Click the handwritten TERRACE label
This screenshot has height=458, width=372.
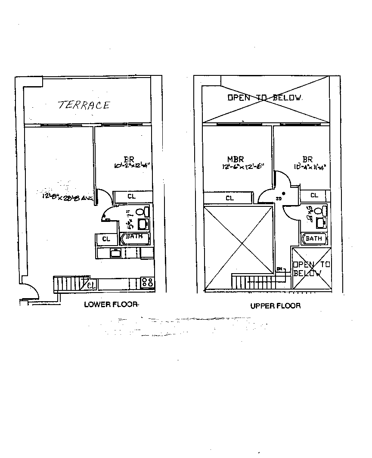(84, 105)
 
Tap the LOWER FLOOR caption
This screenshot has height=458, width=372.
(111, 305)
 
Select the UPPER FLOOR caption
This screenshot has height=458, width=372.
(276, 306)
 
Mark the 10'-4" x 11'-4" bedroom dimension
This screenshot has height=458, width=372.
(307, 166)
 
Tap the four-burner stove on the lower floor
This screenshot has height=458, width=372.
(148, 283)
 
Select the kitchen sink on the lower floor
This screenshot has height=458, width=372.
(115, 253)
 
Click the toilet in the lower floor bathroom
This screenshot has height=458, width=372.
(139, 212)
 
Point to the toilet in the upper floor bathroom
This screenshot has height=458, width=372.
(319, 211)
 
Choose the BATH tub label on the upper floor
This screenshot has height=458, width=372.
(314, 238)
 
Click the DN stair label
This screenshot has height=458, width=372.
(279, 269)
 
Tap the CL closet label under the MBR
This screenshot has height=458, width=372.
(229, 198)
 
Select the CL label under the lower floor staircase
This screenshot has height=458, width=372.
(92, 284)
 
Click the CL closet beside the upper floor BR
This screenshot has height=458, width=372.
(314, 196)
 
